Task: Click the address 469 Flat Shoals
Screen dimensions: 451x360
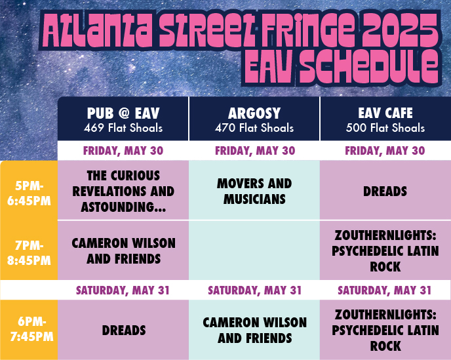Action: click(x=123, y=128)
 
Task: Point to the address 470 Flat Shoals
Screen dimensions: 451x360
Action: click(x=254, y=128)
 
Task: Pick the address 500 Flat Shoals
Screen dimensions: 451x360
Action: click(x=385, y=128)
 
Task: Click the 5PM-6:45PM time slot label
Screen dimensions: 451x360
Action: click(x=29, y=193)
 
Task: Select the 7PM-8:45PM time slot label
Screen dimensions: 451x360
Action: click(x=29, y=253)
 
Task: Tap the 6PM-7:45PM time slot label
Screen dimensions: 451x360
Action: click(x=31, y=329)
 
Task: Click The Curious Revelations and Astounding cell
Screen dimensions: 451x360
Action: click(x=123, y=191)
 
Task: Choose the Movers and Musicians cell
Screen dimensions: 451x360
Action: click(x=254, y=191)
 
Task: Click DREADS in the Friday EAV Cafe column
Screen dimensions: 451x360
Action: click(x=385, y=191)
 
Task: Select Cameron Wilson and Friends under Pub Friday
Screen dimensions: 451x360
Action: click(x=124, y=251)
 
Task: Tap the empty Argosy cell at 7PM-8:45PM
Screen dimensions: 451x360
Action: click(x=254, y=250)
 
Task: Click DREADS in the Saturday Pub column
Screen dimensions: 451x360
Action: click(x=124, y=330)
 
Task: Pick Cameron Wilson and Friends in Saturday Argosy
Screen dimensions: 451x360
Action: click(x=255, y=330)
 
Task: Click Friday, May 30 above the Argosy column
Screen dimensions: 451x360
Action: click(x=255, y=151)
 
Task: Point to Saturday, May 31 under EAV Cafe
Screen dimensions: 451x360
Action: click(x=385, y=290)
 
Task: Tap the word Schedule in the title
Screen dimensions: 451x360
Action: click(x=369, y=67)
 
